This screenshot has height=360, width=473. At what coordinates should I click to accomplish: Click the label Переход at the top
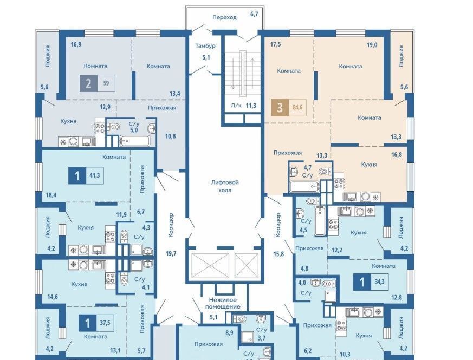point(224,17)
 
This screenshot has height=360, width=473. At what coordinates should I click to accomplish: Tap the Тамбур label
point(205,46)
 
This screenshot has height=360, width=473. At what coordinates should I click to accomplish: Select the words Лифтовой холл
point(225,186)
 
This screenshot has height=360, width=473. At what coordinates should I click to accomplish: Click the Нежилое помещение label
point(223,303)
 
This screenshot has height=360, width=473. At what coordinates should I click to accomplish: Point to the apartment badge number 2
point(88,83)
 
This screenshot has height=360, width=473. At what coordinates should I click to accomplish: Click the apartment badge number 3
point(280,108)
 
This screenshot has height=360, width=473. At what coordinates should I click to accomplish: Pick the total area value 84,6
point(297,107)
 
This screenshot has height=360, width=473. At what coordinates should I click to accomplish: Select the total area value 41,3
point(94,175)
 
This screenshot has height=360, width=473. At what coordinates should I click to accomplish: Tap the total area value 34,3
point(379,282)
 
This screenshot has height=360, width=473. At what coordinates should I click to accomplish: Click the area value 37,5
point(105,323)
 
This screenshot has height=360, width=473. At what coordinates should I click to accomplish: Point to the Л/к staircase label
point(236,106)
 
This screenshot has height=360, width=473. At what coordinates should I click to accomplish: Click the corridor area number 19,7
point(171,253)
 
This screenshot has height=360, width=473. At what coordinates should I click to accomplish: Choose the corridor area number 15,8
point(278,254)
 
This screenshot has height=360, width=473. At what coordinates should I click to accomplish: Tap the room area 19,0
point(372,45)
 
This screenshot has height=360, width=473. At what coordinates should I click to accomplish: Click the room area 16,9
point(76,44)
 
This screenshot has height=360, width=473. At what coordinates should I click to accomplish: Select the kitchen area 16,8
point(397,155)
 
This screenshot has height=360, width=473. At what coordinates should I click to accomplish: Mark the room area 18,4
point(51,195)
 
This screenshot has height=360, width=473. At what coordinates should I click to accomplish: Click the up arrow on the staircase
point(252,73)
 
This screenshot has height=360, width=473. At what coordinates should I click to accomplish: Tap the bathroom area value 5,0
point(134,130)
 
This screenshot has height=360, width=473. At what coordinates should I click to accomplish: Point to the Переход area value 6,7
point(254,14)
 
